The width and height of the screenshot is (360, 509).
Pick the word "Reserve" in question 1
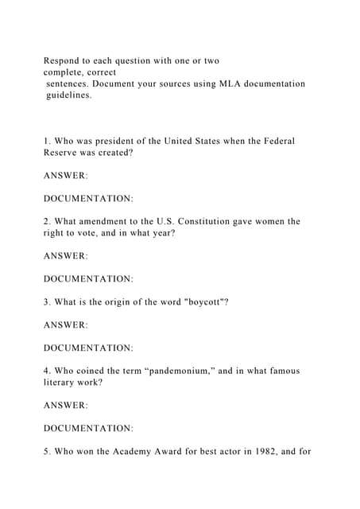[x=64, y=152]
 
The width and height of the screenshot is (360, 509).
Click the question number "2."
[x=48, y=221]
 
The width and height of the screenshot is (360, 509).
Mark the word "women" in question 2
[x=283, y=221]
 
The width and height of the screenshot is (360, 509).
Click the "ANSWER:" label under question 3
[x=65, y=324]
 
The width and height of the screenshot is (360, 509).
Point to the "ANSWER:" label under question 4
[x=65, y=405]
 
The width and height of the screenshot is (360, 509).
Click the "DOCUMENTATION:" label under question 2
[x=88, y=278]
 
